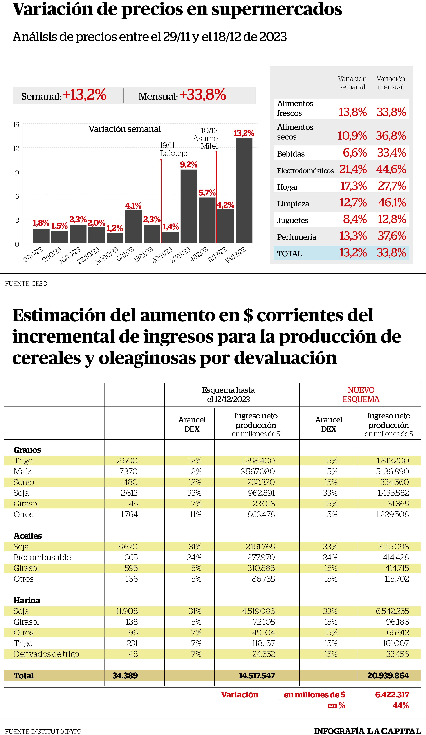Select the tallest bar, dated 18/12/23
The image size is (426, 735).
244,190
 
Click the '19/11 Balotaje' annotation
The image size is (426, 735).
174,149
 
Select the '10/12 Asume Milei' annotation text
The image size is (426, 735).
205,138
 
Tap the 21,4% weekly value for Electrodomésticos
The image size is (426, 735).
353,169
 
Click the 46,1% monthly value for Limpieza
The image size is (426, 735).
392,202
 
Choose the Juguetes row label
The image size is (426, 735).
293,220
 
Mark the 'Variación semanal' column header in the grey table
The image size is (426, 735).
352,83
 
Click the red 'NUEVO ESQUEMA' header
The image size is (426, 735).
361,395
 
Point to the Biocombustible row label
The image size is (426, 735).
42,557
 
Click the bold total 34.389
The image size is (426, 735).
125,676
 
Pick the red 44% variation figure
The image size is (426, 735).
401,705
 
